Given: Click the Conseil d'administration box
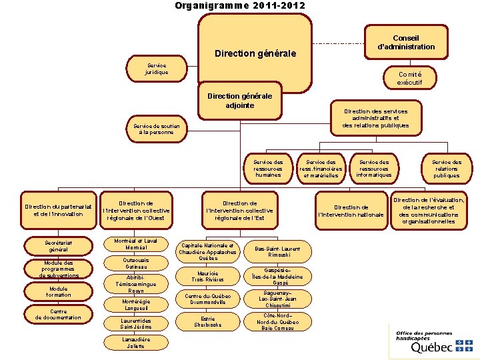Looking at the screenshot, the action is [405, 43].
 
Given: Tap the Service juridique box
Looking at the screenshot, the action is [157, 68].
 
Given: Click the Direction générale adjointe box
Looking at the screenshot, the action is [240, 101].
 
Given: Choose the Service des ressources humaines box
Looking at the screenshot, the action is [267, 168].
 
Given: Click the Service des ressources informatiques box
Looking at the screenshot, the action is [374, 168].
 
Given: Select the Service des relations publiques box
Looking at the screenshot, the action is [446, 168].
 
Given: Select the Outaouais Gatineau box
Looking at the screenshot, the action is [136, 263].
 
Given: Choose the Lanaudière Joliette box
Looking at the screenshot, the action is [136, 343].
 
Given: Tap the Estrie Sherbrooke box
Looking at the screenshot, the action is [207, 321].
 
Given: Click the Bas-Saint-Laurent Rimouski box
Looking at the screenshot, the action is [277, 251].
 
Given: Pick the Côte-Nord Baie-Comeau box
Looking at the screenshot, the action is [277, 321].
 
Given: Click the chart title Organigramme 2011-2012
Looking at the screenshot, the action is [240, 5].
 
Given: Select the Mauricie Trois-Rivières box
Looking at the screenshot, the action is [207, 275].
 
